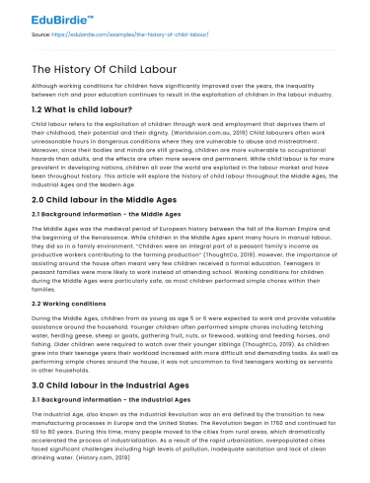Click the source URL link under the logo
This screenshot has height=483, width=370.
coord(128,34)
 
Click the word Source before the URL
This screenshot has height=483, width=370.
coord(41,34)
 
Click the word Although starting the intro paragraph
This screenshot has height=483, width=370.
coord(45,87)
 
